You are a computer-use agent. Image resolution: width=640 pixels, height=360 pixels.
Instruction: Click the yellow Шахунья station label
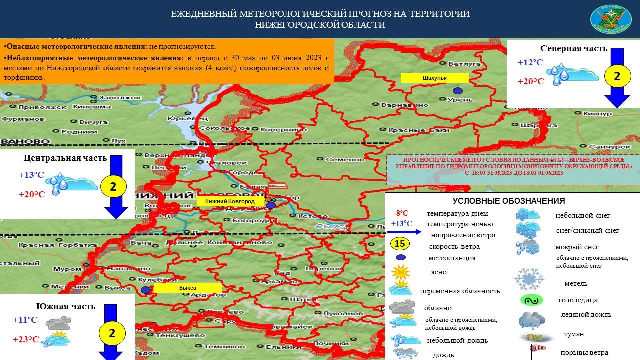click(x=434, y=78)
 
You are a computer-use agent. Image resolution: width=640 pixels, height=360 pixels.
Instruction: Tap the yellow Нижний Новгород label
click(x=229, y=201)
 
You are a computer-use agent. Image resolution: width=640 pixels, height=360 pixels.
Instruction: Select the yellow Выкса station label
click(x=187, y=288)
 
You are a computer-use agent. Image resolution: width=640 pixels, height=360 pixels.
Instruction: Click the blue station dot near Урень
click(x=457, y=91)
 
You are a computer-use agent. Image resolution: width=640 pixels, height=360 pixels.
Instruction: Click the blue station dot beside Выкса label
click(x=145, y=290)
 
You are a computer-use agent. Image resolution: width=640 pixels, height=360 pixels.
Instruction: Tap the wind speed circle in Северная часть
click(x=616, y=76)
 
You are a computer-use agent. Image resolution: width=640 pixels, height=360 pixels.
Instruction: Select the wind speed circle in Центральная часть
click(x=113, y=187)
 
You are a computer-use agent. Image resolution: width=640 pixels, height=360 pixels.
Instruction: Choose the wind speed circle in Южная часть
click(x=112, y=333)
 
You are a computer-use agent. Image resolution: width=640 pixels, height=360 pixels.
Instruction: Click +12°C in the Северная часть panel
click(x=530, y=63)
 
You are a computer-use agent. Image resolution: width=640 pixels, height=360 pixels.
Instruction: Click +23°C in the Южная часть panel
click(x=26, y=340)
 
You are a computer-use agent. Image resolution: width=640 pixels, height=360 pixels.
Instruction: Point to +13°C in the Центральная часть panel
click(x=31, y=175)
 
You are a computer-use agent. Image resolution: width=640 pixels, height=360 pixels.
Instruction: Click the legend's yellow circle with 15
click(x=400, y=244)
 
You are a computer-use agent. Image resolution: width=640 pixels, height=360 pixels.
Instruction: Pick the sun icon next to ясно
click(x=401, y=272)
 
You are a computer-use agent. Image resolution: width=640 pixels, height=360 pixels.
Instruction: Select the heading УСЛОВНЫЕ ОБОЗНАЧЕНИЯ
click(x=509, y=201)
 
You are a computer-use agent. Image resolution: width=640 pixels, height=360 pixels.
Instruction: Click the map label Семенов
click(x=344, y=160)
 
